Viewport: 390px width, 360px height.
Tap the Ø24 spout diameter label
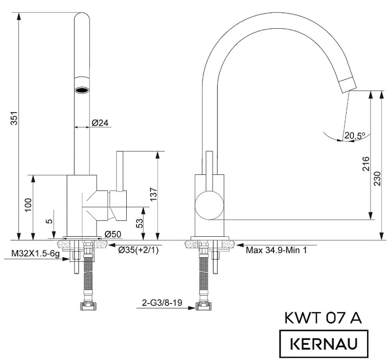point(100,123)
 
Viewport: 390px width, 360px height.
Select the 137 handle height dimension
point(154,194)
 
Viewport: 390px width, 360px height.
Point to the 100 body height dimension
point(28,205)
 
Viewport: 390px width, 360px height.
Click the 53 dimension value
point(140,223)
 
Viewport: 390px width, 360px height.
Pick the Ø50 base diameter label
point(113,234)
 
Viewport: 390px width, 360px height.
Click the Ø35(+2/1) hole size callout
point(138,250)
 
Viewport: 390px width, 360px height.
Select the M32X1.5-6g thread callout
point(36,254)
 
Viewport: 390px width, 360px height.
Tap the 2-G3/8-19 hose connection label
point(162,303)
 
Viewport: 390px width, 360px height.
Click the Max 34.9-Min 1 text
point(276,250)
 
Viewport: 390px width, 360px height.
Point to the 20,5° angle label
point(355,135)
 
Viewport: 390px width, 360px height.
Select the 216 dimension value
point(366,163)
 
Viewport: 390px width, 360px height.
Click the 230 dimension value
point(377,178)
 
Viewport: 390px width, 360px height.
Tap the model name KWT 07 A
point(323,318)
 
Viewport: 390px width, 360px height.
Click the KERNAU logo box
point(324,344)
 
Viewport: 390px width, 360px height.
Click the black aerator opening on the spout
point(82,90)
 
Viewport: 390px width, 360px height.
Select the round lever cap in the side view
point(209,206)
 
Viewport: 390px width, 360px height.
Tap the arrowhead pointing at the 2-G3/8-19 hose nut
point(191,308)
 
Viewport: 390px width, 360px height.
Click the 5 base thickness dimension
point(50,221)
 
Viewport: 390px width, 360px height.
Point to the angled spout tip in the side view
point(348,85)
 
